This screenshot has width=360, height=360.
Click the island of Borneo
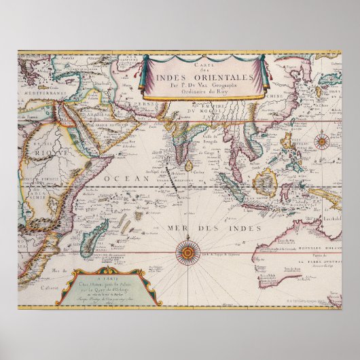[x=264, y=182]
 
